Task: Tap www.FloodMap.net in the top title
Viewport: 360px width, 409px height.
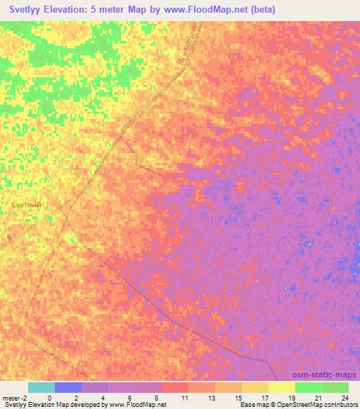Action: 206,10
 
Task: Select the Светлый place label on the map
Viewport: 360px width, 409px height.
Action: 27,204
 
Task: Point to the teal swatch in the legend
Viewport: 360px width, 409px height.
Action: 41,387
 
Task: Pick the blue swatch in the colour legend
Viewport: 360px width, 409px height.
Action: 68,387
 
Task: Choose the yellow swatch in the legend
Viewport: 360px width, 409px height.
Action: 281,387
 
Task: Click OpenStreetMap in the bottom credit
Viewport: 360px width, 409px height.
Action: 289,405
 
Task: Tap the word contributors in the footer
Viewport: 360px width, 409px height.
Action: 335,405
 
